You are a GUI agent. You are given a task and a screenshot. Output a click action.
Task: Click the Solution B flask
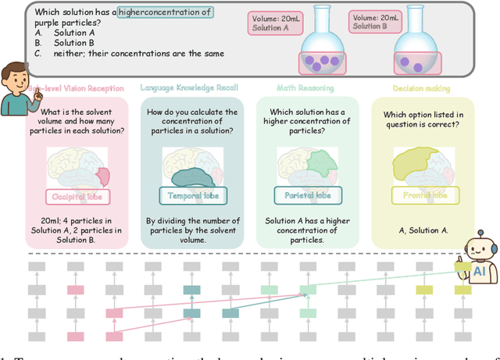[x=416, y=52]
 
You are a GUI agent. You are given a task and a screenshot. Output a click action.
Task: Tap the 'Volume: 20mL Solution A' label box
[x=270, y=23]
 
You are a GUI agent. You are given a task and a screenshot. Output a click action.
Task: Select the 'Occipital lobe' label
[x=77, y=197]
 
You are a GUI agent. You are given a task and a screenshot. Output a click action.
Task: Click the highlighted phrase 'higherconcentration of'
[x=164, y=12]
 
